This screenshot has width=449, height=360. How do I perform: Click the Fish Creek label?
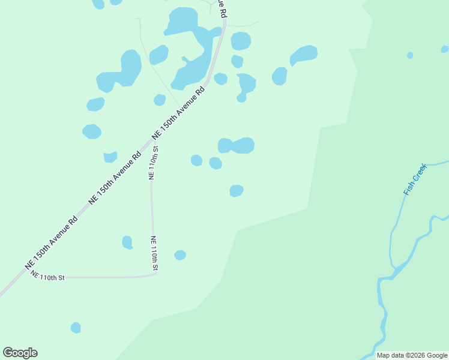(x=415, y=179)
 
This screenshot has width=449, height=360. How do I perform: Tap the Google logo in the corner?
(x=20, y=353)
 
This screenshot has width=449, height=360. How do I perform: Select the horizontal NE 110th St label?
(x=47, y=277)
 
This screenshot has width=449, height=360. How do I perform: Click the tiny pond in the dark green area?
(x=410, y=55)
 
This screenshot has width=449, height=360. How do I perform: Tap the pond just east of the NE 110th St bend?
(x=180, y=255)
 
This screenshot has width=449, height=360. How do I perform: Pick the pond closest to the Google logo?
(x=76, y=328)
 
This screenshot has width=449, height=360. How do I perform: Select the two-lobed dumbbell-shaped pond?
(x=237, y=145)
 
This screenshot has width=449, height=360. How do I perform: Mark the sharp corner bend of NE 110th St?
(x=155, y=273)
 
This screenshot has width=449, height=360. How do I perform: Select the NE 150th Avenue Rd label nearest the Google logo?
(x=52, y=242)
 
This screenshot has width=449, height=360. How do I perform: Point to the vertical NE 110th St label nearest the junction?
(x=153, y=163)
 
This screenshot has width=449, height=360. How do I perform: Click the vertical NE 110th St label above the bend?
(x=154, y=253)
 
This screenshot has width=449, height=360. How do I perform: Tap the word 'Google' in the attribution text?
(x=436, y=355)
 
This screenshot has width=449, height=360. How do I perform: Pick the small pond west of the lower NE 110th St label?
(x=127, y=242)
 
